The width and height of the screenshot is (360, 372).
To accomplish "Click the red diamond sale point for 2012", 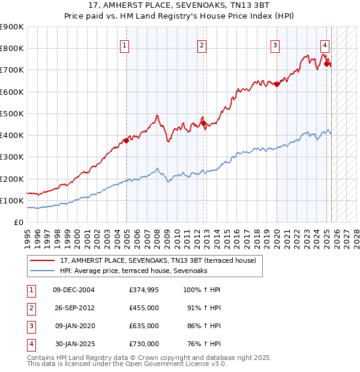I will (204, 124).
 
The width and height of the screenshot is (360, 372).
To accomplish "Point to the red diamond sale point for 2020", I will (277, 85).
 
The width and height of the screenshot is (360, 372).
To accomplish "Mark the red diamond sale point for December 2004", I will (126, 141).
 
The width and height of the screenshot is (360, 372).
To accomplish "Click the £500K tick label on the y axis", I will (12, 113).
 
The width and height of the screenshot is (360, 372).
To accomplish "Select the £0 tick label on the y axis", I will (19, 222).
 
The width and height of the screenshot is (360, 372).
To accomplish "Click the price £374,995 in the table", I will (144, 290).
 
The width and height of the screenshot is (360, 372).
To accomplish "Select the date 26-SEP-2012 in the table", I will (74, 308).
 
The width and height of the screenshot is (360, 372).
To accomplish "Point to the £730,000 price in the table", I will (144, 344).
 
